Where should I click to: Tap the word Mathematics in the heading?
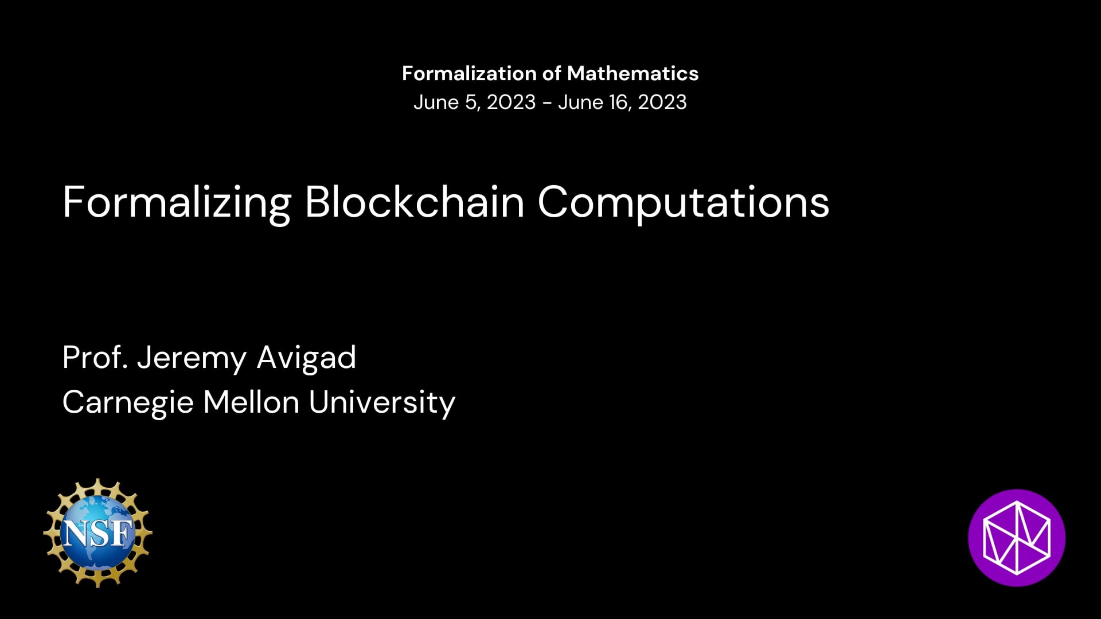(x=633, y=73)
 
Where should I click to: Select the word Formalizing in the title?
(x=177, y=203)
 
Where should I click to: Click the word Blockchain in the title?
(x=415, y=202)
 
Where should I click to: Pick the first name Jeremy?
(x=192, y=359)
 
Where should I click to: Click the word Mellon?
(x=251, y=402)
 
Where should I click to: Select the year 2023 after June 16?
(x=662, y=102)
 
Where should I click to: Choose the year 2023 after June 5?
(x=511, y=102)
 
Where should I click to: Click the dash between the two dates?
(x=547, y=104)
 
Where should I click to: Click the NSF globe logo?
(x=97, y=532)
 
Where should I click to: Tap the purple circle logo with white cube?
(x=1017, y=538)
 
